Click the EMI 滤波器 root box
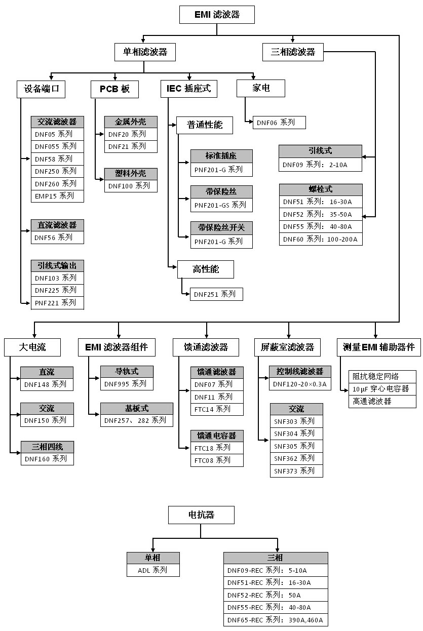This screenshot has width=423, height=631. tap(217, 15)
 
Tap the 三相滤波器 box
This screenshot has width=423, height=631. tap(293, 52)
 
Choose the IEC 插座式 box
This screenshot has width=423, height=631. tap(189, 89)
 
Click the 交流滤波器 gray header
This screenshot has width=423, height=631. tap(57, 122)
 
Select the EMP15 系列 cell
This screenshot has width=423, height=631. tap(57, 196)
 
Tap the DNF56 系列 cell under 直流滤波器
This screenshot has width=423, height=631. tap(57, 237)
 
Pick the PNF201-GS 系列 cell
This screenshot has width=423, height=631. tap(221, 205)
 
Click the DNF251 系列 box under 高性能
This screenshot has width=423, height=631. tap(216, 294)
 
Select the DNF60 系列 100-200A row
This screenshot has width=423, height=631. tap(321, 239)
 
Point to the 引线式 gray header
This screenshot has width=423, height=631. tap(321, 151)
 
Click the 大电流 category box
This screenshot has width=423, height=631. tap(32, 347)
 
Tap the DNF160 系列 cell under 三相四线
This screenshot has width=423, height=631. tap(47, 459)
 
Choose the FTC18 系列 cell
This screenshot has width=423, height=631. tap(216, 448)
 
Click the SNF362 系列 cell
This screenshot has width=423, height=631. tap(296, 458)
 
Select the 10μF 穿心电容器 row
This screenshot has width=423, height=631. tap(382, 389)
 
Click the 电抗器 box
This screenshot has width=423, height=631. tap(202, 515)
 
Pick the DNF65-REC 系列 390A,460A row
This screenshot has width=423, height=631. tap(276, 620)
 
